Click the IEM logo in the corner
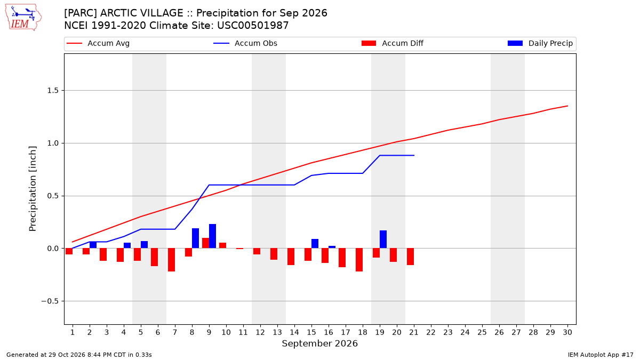pos(23,18)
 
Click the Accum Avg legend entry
pos(98,43)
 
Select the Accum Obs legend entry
pos(245,43)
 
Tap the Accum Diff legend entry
pos(393,43)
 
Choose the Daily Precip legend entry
pos(540,43)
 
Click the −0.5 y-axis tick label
pos(50,301)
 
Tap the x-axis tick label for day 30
pos(567,333)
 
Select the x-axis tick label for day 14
pos(294,333)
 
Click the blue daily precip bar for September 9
pos(213,236)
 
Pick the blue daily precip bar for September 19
pos(383,239)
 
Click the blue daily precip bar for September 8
pos(195,238)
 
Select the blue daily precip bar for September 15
pos(315,244)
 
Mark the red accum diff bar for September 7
pos(171,260)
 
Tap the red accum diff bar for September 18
pos(359,260)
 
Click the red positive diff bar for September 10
pos(222,245)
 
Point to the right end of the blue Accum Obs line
pos(414,155)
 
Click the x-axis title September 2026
pos(319,343)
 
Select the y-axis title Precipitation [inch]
pos(33,189)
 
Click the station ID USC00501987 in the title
pos(253,26)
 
